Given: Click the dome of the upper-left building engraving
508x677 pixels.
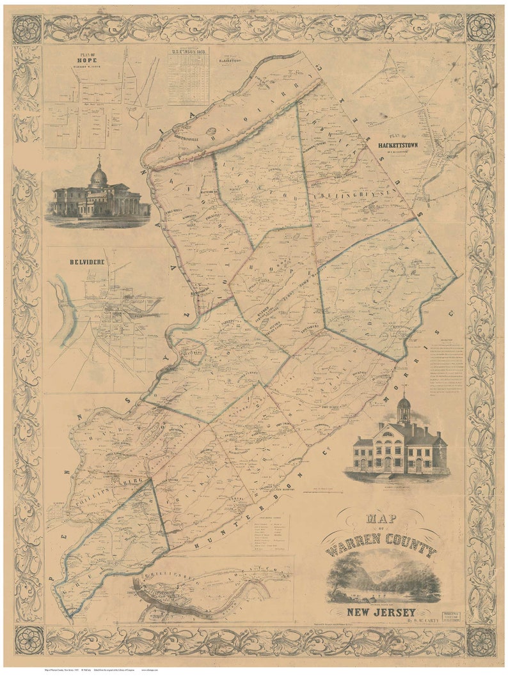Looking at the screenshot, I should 99,176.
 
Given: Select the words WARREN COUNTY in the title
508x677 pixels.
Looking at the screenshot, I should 381,550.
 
